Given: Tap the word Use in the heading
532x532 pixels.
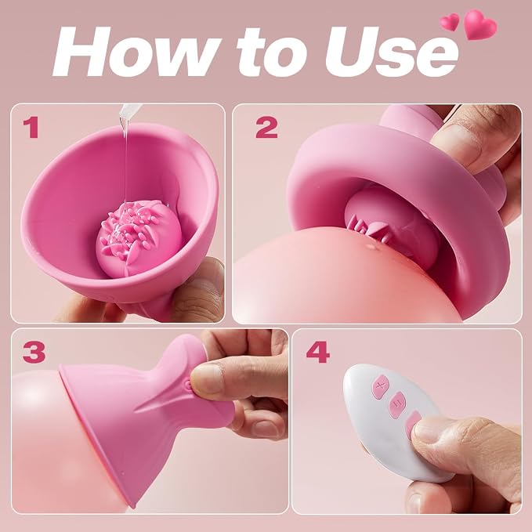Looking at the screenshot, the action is [391, 53].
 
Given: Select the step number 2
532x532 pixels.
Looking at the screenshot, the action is [266, 127].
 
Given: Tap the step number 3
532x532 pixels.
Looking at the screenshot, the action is [34, 352].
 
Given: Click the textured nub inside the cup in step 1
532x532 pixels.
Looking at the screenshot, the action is [139, 237].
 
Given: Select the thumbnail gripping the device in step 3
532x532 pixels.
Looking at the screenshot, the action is [206, 378].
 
